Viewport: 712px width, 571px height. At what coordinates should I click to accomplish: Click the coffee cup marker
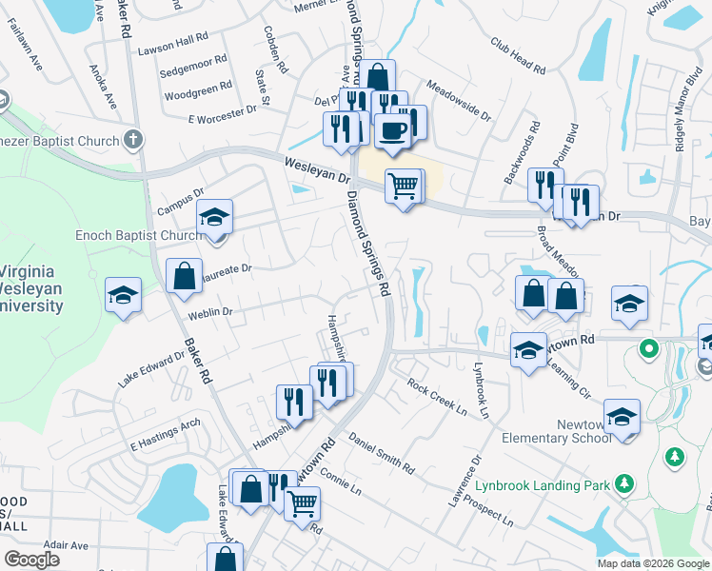391,131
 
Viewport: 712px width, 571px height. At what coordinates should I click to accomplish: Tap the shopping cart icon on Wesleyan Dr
404,186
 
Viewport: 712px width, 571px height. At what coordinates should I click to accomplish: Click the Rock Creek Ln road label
437,398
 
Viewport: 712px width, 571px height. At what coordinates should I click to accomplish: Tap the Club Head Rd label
518,56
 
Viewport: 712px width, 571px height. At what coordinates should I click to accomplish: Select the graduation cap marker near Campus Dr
215,217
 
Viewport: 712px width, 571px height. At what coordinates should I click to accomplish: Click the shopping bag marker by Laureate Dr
183,277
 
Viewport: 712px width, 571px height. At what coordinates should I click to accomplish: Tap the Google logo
32,560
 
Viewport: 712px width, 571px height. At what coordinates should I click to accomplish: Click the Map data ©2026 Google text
654,563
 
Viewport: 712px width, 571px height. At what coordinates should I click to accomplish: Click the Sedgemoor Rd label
193,59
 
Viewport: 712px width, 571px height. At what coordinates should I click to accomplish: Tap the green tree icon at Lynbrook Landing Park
624,484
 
